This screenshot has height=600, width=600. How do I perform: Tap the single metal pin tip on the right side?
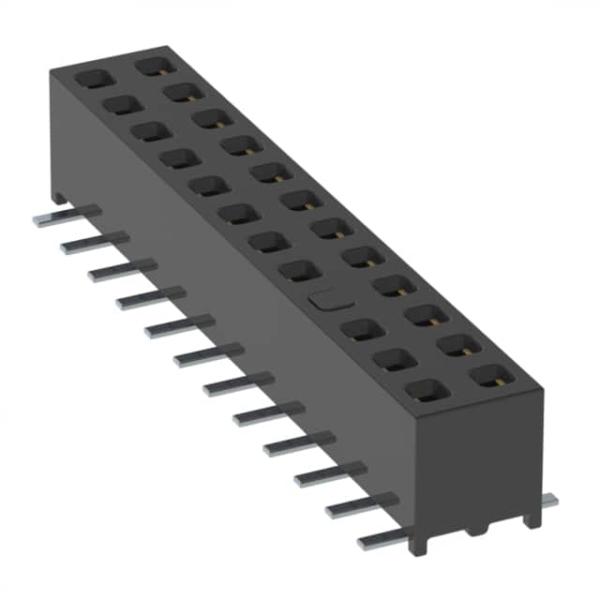[x=547, y=502]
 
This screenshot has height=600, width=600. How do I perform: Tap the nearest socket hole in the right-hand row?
[x=487, y=377]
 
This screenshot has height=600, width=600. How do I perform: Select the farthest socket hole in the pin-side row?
[x=94, y=79]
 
